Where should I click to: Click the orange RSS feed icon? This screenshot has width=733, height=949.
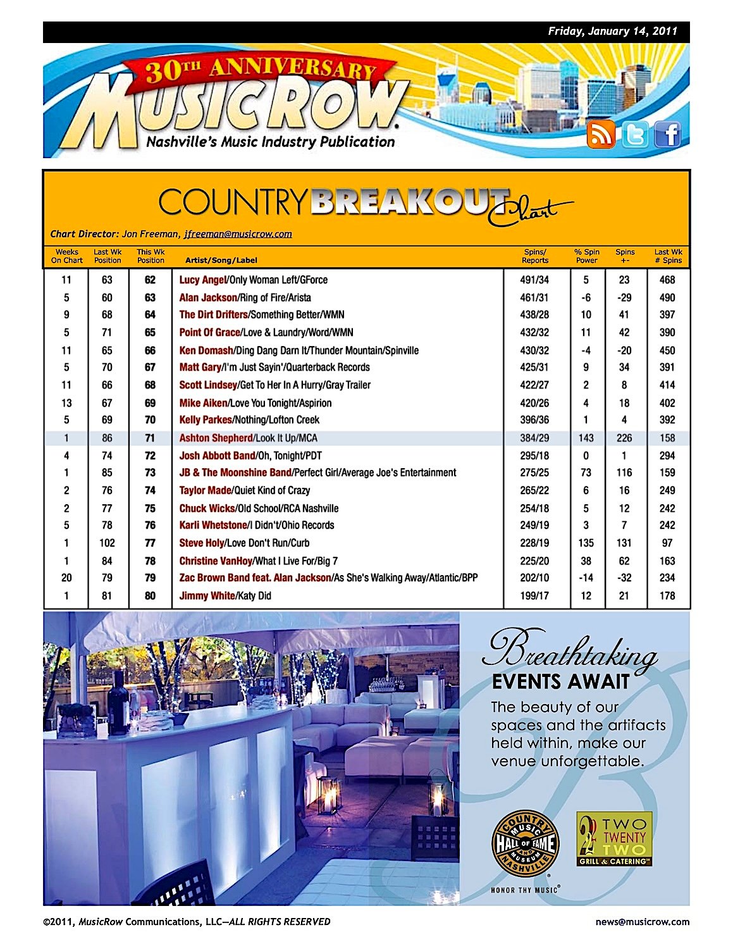pyautogui.click(x=600, y=134)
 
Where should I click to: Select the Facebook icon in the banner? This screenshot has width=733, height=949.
pyautogui.click(x=667, y=134)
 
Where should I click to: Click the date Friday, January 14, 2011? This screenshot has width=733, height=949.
pyautogui.click(x=612, y=31)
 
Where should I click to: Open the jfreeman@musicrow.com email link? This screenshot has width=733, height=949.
pyautogui.click(x=238, y=234)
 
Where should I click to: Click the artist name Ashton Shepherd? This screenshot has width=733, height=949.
pyautogui.click(x=216, y=438)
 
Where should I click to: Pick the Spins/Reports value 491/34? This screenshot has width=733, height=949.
pyautogui.click(x=535, y=280)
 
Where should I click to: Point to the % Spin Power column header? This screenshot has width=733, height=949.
pyautogui.click(x=586, y=256)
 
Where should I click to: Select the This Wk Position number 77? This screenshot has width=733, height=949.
pyautogui.click(x=150, y=543)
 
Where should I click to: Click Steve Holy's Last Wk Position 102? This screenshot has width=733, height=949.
pyautogui.click(x=108, y=543)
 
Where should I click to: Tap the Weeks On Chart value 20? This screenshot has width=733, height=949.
pyautogui.click(x=66, y=578)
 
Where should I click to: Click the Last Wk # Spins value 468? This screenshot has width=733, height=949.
pyautogui.click(x=667, y=280)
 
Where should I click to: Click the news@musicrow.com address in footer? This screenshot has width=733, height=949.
pyautogui.click(x=642, y=922)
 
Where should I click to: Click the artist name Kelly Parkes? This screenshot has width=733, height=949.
pyautogui.click(x=205, y=420)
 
